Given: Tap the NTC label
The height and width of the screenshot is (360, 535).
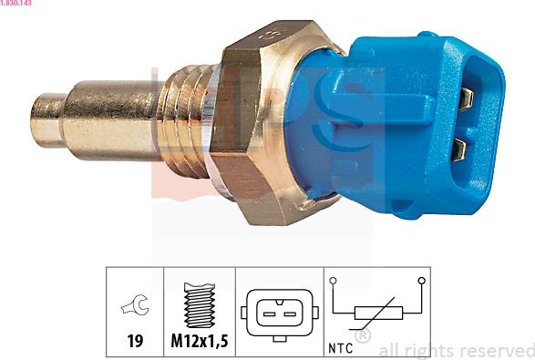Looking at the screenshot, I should tap(341, 348).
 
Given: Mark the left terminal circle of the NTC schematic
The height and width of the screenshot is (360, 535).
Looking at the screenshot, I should tap(334, 281).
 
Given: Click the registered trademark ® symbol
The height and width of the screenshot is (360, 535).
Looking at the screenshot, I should tap(362, 337).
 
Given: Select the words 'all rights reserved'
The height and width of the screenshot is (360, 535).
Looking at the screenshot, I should tap(456, 349).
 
